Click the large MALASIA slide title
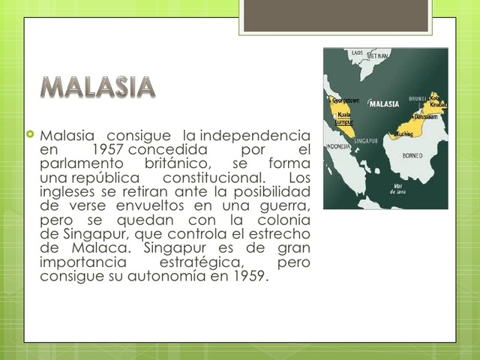[x=98, y=87]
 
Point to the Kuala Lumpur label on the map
[x=344, y=118]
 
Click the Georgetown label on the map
[x=345, y=100]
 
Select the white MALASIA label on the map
[x=385, y=104]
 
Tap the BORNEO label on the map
[x=412, y=155]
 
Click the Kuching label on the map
[x=404, y=133]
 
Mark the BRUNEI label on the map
[x=417, y=98]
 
